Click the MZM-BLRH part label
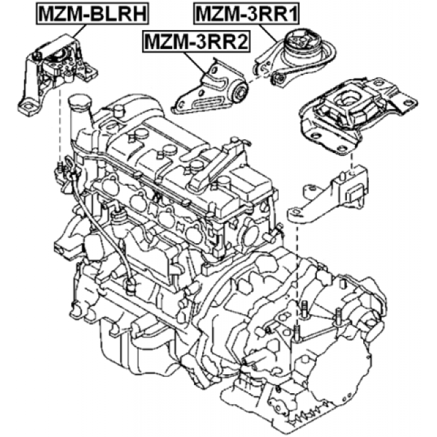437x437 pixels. tap(92, 14)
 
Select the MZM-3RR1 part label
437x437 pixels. tap(247, 14)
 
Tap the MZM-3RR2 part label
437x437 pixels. tap(196, 42)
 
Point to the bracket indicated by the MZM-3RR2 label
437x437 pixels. tap(210, 88)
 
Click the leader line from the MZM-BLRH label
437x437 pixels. tap(79, 31)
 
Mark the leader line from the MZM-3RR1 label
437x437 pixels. tap(268, 33)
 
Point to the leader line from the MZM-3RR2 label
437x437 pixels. tap(195, 63)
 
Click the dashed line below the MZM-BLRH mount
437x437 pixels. tap(60, 126)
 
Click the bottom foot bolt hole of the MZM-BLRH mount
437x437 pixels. tap(28, 107)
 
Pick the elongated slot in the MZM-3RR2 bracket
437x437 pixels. tap(210, 102)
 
